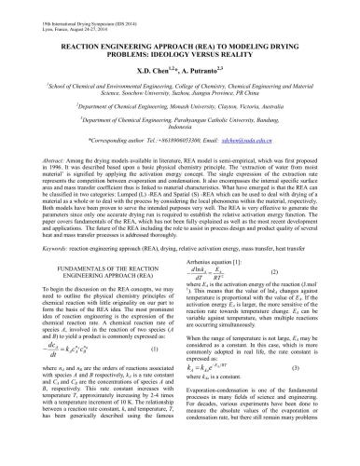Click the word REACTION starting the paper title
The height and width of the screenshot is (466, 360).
(x=87, y=44)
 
